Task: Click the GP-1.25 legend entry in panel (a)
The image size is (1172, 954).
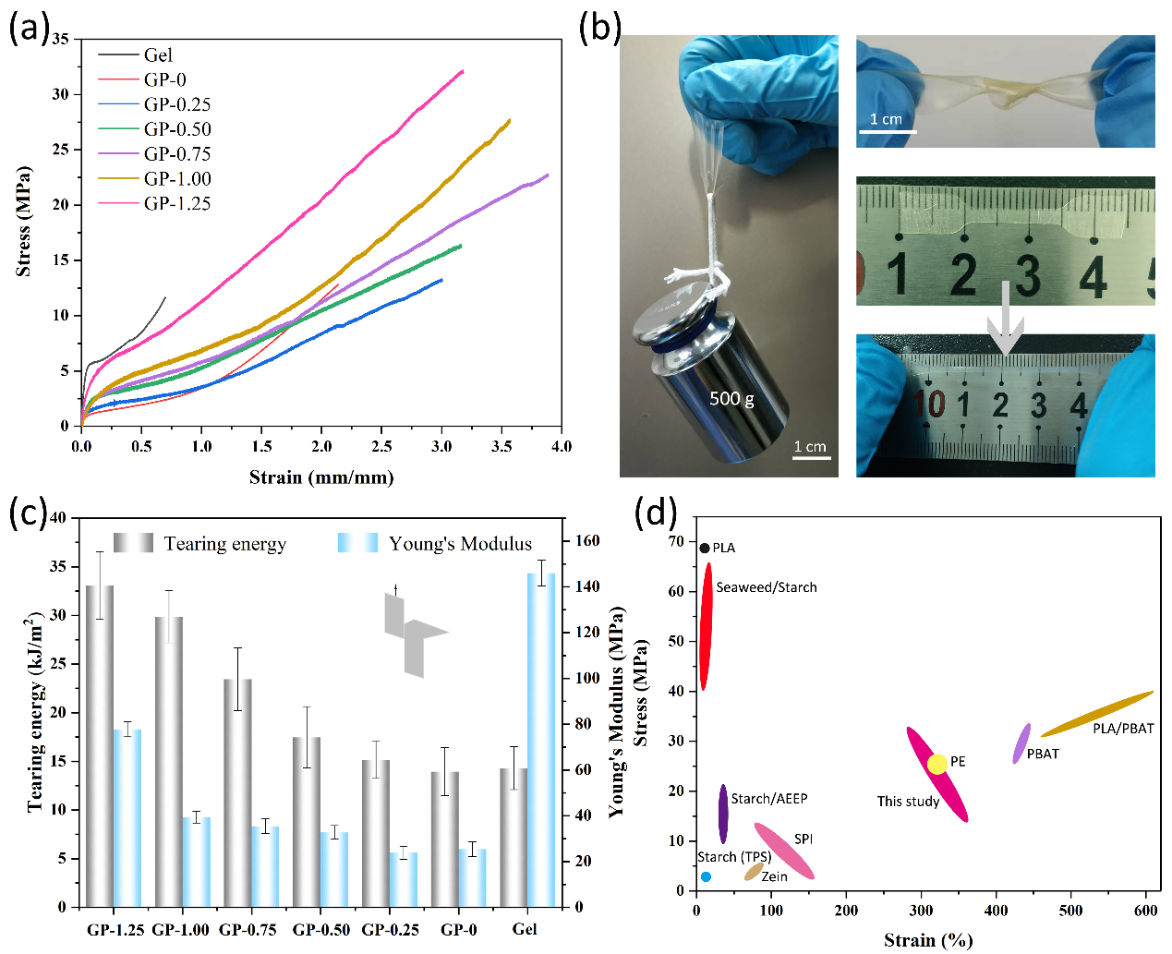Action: (176, 203)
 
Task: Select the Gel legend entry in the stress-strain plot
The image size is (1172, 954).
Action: (158, 55)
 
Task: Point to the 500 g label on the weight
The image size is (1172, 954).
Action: (731, 399)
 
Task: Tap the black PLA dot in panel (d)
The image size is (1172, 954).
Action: (705, 549)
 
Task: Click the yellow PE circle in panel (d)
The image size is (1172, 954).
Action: (937, 764)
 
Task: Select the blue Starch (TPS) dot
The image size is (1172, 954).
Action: (706, 876)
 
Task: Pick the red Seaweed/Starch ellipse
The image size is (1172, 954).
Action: (707, 626)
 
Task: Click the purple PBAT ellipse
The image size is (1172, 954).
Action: (1021, 743)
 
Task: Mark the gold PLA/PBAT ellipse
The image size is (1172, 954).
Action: (1097, 714)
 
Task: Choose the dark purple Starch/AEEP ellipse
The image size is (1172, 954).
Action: (723, 813)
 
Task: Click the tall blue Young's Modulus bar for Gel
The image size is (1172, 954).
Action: (542, 739)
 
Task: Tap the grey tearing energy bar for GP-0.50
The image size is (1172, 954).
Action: (307, 821)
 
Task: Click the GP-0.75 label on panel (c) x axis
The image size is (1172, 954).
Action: (248, 930)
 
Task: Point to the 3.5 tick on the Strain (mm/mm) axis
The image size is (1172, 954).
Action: (501, 446)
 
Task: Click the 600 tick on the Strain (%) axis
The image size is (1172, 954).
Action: (1145, 911)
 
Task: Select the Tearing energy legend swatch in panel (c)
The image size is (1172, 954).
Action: (133, 543)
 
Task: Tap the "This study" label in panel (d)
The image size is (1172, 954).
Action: (908, 802)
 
